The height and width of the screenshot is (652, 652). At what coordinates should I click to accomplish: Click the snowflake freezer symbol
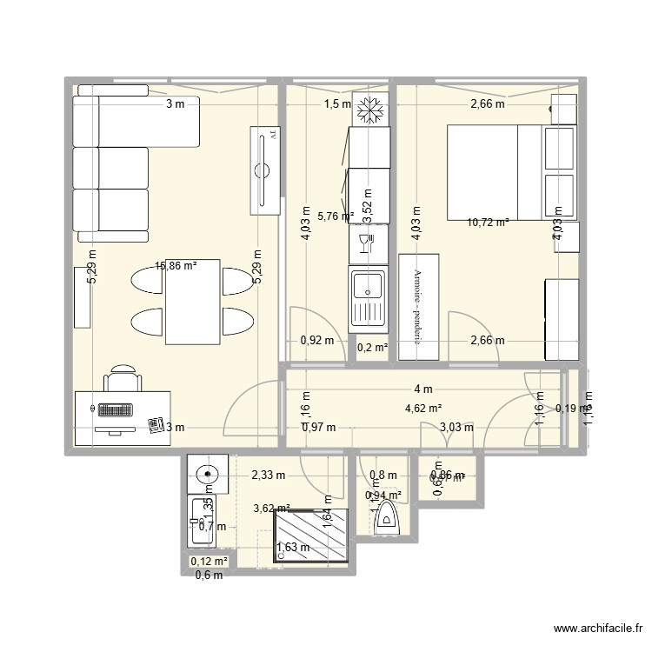pos(371,110)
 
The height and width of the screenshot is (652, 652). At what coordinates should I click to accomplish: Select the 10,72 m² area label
pos(488,223)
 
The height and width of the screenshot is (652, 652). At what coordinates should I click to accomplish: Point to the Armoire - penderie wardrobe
pos(418,305)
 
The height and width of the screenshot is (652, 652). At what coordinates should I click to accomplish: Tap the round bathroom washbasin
pos(207,475)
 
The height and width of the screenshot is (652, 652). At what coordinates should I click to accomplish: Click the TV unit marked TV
pos(266,170)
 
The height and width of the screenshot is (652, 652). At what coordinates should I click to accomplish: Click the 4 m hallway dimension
pos(423,389)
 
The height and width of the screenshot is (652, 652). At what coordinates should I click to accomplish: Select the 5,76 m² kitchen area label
pos(335,216)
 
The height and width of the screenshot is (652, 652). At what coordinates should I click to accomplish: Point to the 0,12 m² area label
pos(209,562)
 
